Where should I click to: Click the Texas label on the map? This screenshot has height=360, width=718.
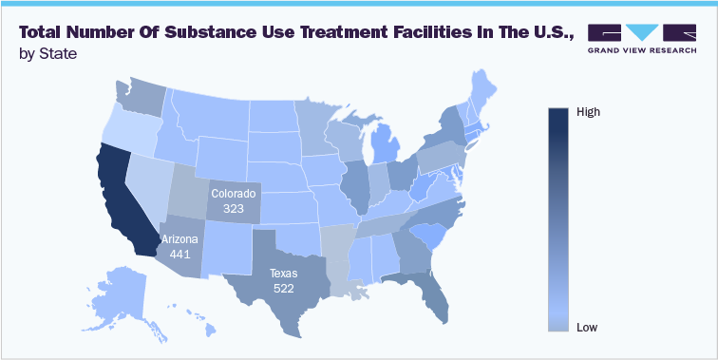tap(282, 273)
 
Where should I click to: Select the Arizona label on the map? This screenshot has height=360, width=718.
tap(180, 239)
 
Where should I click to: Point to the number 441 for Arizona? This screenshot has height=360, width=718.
tap(180, 255)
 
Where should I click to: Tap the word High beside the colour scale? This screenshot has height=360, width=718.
tap(588, 112)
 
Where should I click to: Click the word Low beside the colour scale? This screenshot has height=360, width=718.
tap(587, 328)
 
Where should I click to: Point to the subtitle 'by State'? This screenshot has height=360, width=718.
tap(48, 54)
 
